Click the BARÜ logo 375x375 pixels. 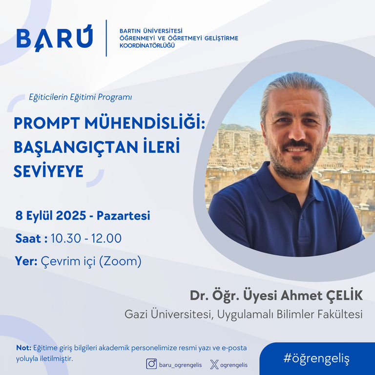coord(55,38)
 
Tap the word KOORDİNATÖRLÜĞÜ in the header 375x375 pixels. coord(147,45)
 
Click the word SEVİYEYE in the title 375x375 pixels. coord(48,171)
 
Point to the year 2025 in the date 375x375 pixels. coord(71,215)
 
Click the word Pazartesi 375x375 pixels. coord(124,215)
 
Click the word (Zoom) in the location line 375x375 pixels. coord(120,261)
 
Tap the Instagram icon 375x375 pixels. coord(151,364)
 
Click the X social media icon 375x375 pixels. coord(214,365)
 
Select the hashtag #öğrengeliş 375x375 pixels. coord(316,358)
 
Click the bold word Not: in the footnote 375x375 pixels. coord(23,348)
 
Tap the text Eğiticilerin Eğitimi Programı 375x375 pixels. coord(81,97)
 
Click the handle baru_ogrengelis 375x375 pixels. coord(181,365)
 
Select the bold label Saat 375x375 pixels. coord(28,238)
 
